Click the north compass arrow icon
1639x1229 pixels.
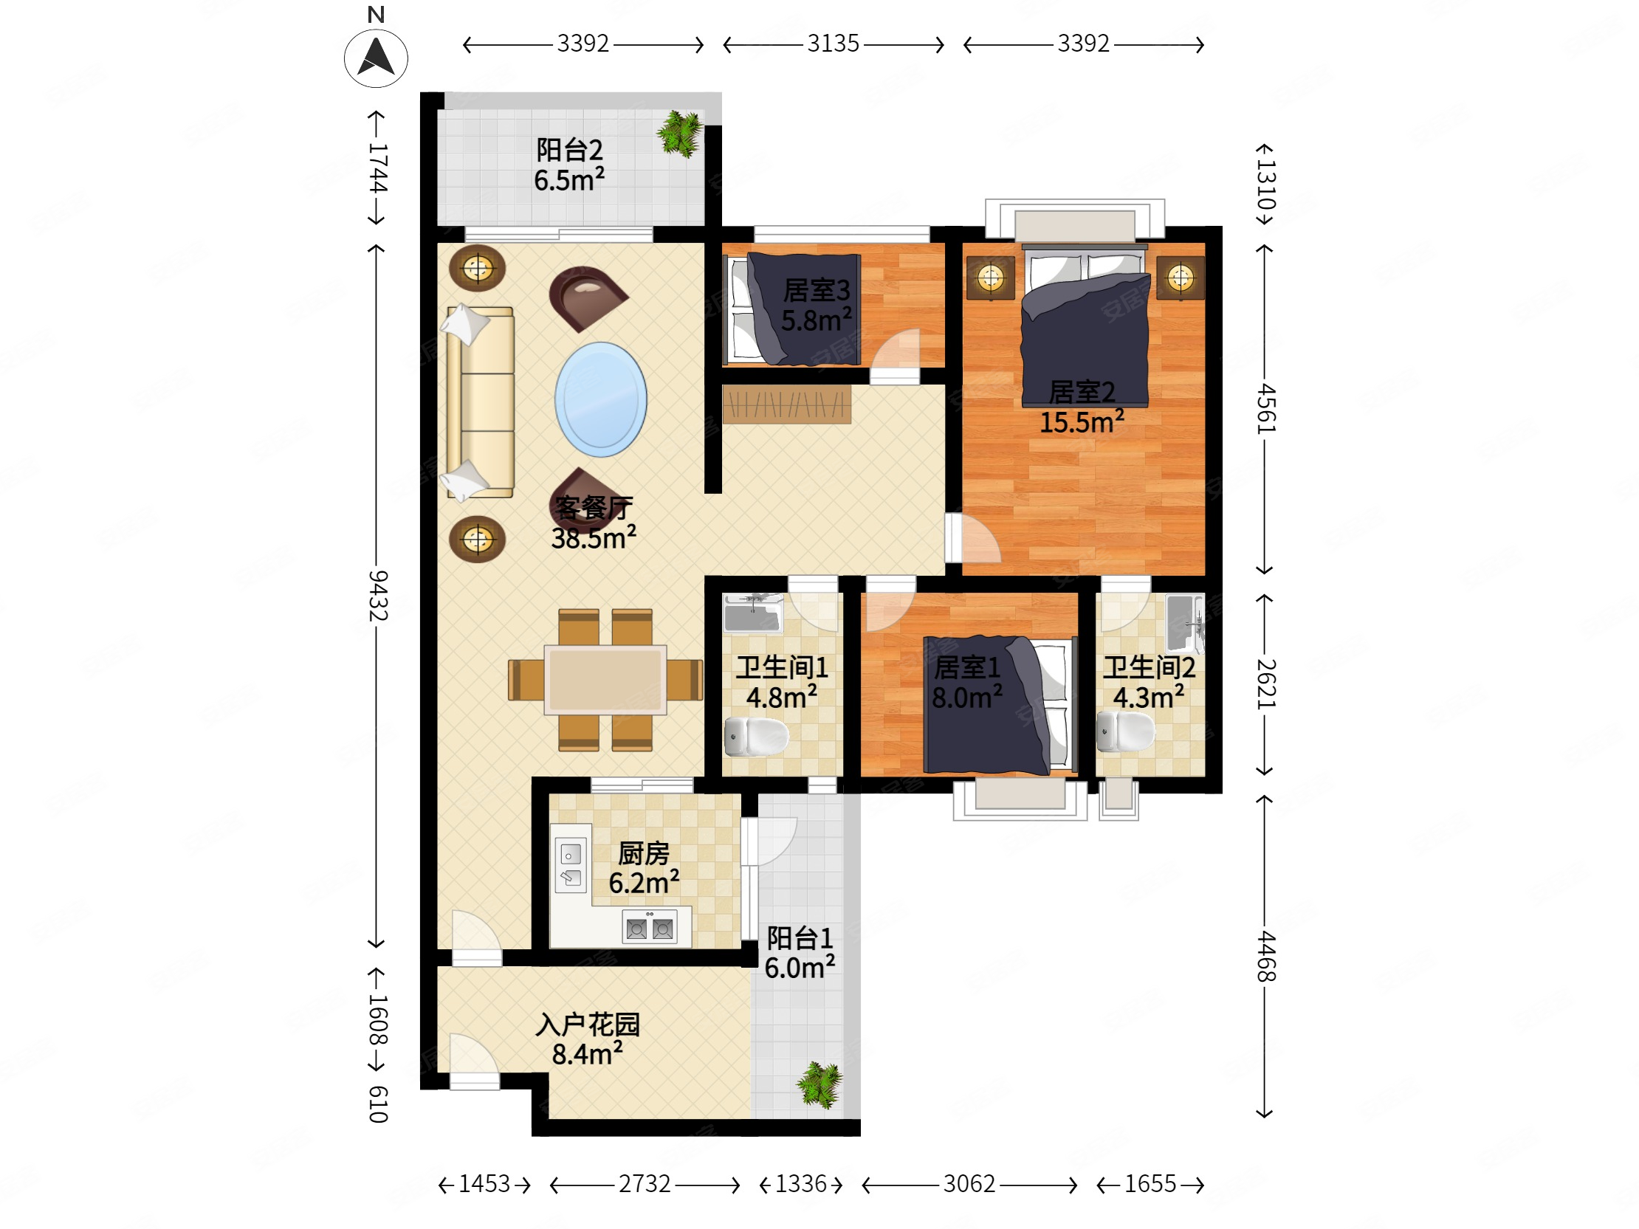coord(376,58)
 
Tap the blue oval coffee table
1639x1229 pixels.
coord(601,399)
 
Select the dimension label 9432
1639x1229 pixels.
coord(378,596)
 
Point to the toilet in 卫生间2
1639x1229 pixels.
coord(1124,731)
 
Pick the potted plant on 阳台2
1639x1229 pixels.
coord(680,134)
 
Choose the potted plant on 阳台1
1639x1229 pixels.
coord(820,1085)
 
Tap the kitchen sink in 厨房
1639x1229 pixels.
coord(571,865)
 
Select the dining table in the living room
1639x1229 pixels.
coord(605,679)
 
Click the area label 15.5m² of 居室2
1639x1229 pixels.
coord(1082,421)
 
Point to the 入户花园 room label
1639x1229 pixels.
coord(588,1025)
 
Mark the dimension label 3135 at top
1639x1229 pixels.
coord(833,44)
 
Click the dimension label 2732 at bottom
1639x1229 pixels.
coord(645,1184)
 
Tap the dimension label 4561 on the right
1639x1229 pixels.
coord(1266,409)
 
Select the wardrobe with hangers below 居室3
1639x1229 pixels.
coord(787,404)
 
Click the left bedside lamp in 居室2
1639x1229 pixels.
coord(991,278)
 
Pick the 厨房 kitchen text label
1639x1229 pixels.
coord(644,853)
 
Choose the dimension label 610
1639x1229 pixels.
coord(378,1104)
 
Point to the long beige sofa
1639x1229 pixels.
coord(479,402)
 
